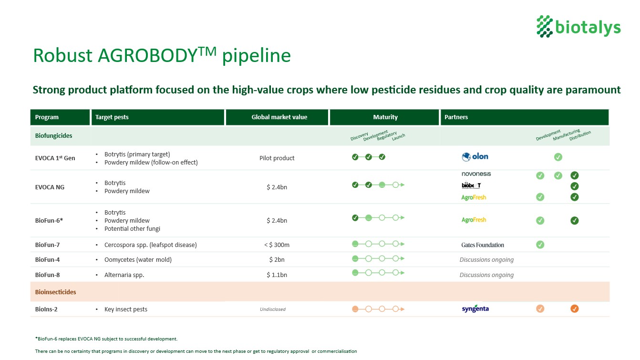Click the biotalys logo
point(578,26)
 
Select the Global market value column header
point(279,117)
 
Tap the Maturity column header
point(385,117)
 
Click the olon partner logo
point(475,157)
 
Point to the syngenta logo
point(475,309)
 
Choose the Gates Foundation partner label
point(483,245)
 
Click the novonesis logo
point(476,174)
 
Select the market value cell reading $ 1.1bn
point(277,275)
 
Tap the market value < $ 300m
point(277,245)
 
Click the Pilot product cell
point(277,158)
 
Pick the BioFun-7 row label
point(47,245)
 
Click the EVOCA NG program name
point(50,187)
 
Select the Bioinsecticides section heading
point(55,292)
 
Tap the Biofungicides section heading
point(53,136)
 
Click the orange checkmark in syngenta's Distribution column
point(575,309)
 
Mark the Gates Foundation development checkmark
point(540,245)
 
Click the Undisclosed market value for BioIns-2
point(273,309)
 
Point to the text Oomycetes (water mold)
point(138,260)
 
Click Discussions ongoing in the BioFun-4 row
point(486,260)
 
